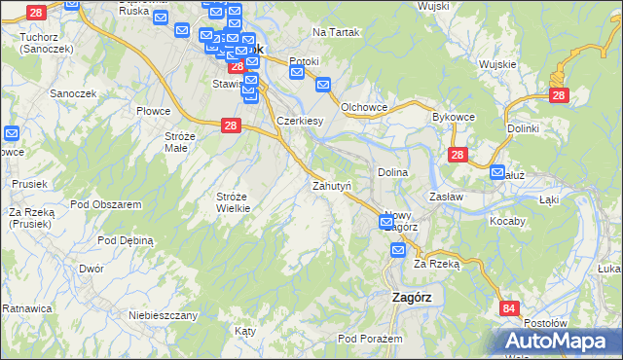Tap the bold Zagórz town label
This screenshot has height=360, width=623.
pyautogui.click(x=410, y=299)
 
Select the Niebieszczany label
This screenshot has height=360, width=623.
pyautogui.click(x=164, y=315)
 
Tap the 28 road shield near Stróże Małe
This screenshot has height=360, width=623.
pyautogui.click(x=231, y=126)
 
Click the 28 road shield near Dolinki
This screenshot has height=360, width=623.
pyautogui.click(x=559, y=95)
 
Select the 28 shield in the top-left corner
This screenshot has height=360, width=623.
pyautogui.click(x=36, y=13)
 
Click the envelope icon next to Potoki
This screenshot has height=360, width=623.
pyautogui.click(x=298, y=72)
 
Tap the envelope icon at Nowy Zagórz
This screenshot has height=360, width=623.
pyautogui.click(x=386, y=224)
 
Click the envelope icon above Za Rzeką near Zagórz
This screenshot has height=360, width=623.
pyautogui.click(x=398, y=251)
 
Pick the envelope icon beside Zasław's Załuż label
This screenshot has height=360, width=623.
pyautogui.click(x=497, y=175)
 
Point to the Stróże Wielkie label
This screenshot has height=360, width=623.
pyautogui.click(x=233, y=201)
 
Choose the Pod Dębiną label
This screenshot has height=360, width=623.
pyautogui.click(x=127, y=239)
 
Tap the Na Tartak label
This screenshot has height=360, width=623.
pyautogui.click(x=336, y=32)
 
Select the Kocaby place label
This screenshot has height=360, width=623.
pyautogui.click(x=507, y=221)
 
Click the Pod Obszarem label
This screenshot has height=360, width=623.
pyautogui.click(x=107, y=204)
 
